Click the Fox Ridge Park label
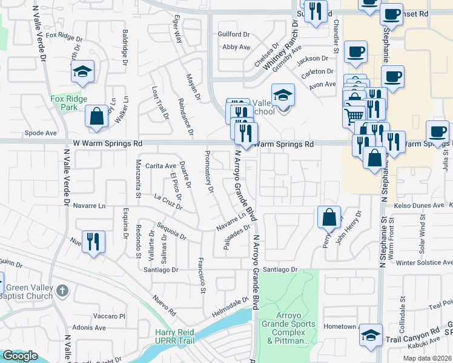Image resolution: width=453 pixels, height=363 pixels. pos(69,103)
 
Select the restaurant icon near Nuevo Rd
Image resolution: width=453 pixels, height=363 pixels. pos(93,241)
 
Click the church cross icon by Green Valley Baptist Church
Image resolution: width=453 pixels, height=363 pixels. pos(61,292)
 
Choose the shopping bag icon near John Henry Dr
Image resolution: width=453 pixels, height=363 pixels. pos(328,216)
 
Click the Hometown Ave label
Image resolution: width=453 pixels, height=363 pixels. pos(341,326)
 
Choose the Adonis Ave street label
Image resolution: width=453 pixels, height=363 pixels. pos(88,327)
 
